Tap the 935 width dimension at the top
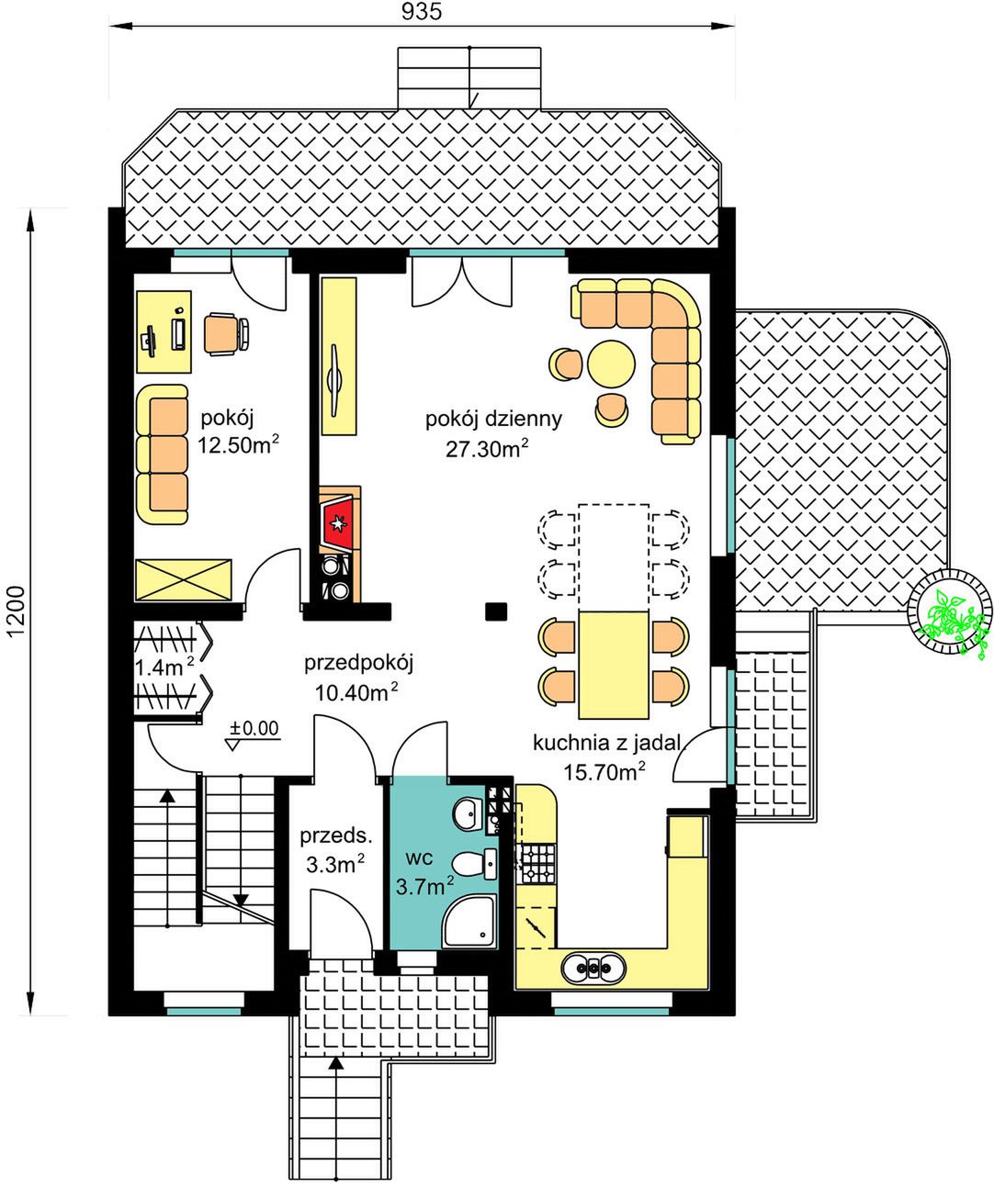422,12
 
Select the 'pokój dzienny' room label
493,419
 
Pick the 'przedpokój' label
358,664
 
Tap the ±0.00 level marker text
254,729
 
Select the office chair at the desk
227,334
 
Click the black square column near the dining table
496,611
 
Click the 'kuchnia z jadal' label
606,743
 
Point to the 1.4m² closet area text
164,667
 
